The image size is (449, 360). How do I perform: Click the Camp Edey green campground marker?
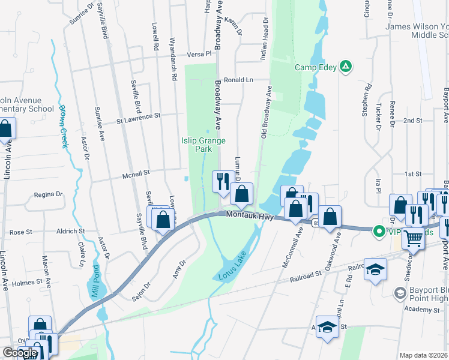(346, 66)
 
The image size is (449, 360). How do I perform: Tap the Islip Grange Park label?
(203, 145)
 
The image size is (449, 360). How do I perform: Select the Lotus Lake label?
(229, 268)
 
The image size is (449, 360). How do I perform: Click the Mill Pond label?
(95, 283)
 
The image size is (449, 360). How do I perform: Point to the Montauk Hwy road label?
(250, 216)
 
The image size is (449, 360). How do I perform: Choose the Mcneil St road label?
(135, 173)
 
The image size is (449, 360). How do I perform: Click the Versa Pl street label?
(200, 53)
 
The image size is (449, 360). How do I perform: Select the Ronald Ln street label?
(238, 80)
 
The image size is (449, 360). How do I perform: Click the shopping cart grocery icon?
(413, 238)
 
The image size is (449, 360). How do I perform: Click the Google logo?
(20, 353)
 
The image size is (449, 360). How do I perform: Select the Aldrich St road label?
(71, 231)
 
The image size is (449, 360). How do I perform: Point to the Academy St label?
(424, 310)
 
